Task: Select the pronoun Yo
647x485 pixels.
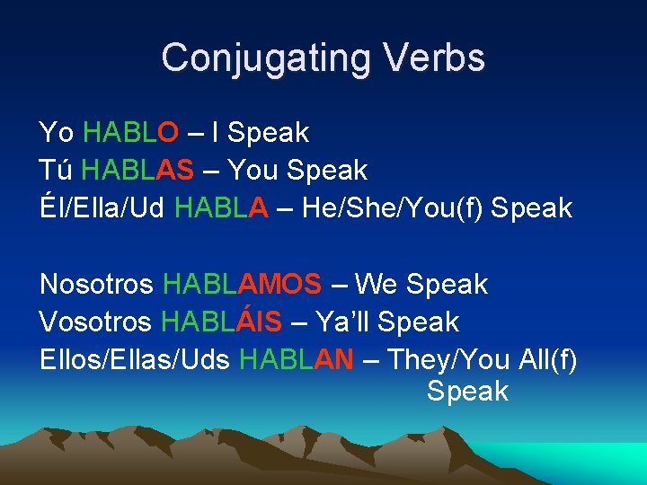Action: point(57,133)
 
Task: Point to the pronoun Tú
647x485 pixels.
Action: point(56,170)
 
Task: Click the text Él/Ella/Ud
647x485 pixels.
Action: point(102,208)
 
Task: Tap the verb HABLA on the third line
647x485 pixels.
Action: point(221,208)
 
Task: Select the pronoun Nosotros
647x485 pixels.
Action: point(97,285)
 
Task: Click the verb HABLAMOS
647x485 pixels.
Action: point(242,285)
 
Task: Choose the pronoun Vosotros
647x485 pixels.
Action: point(96,322)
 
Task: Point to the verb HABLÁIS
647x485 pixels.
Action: point(221,322)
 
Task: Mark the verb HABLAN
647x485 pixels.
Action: point(296,360)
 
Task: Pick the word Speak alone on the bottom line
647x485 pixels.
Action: point(467,392)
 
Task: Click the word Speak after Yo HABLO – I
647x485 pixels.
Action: point(268,133)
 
